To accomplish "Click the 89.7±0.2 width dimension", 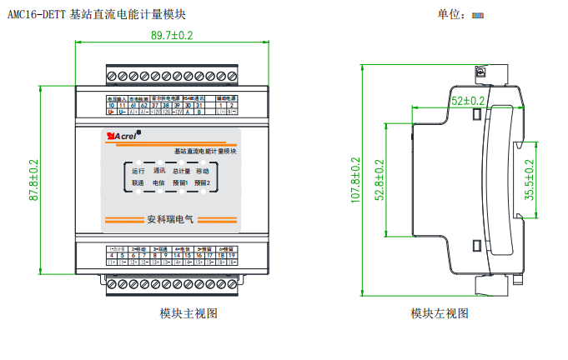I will click(x=172, y=35).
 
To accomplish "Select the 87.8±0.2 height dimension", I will click(x=35, y=179).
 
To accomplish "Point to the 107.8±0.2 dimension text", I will click(x=355, y=180).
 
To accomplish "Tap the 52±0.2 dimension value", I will click(x=468, y=100).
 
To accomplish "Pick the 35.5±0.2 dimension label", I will click(x=530, y=179).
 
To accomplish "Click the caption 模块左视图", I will click(x=440, y=313).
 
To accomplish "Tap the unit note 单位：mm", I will click(x=460, y=14).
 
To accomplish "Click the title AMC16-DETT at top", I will click(x=38, y=14).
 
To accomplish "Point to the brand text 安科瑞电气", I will click(x=169, y=220).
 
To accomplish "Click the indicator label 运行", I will click(x=138, y=170).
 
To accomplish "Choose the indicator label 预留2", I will click(x=203, y=182).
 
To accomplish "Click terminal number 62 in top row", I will click(x=144, y=105).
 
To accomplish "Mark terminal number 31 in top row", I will click(x=199, y=105).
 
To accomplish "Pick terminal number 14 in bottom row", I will click(x=178, y=255).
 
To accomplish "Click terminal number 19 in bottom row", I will click(x=232, y=255).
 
